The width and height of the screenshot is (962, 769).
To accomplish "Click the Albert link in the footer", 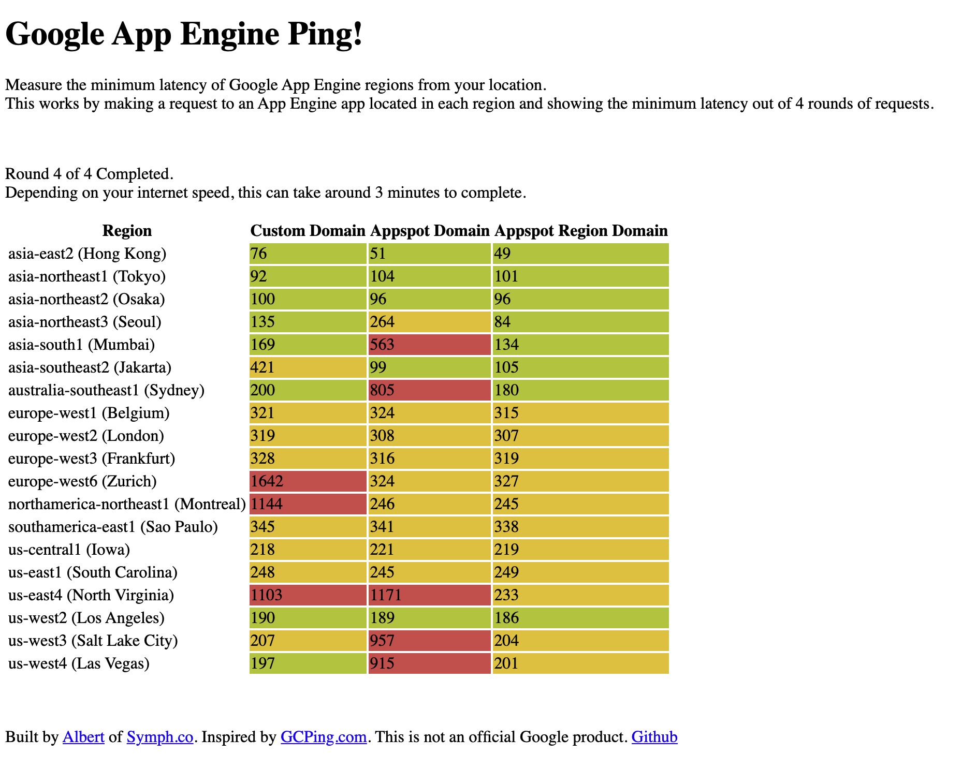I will [x=83, y=736].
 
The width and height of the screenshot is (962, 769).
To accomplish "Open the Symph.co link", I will [x=160, y=736].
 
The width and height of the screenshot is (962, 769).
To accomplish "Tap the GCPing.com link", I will [x=324, y=736].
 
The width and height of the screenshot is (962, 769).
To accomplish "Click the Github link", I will [x=654, y=736].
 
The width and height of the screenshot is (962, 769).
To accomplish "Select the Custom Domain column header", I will [x=308, y=230].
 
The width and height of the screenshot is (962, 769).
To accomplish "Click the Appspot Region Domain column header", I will [x=580, y=230].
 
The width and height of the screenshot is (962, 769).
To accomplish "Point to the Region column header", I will [x=127, y=230].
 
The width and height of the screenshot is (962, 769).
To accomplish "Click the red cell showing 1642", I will [x=308, y=481].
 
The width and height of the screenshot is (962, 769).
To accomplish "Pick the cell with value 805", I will [x=429, y=390].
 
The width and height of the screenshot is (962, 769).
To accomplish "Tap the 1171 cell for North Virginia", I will [x=429, y=595].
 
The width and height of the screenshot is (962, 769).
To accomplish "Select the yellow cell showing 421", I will [x=308, y=367].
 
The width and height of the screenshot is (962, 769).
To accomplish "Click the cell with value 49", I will [x=580, y=254].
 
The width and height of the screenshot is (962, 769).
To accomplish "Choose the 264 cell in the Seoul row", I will [x=429, y=322].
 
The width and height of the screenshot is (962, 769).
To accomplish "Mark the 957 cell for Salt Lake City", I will [x=429, y=641].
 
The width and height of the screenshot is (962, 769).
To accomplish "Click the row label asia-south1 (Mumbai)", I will [x=81, y=345].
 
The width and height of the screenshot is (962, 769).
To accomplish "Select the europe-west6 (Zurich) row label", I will [x=82, y=481].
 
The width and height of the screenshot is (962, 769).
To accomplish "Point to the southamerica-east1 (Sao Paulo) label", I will [x=113, y=527].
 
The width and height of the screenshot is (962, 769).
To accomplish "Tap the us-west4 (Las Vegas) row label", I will [x=79, y=663].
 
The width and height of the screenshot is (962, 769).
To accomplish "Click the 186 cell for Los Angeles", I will [x=580, y=618].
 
